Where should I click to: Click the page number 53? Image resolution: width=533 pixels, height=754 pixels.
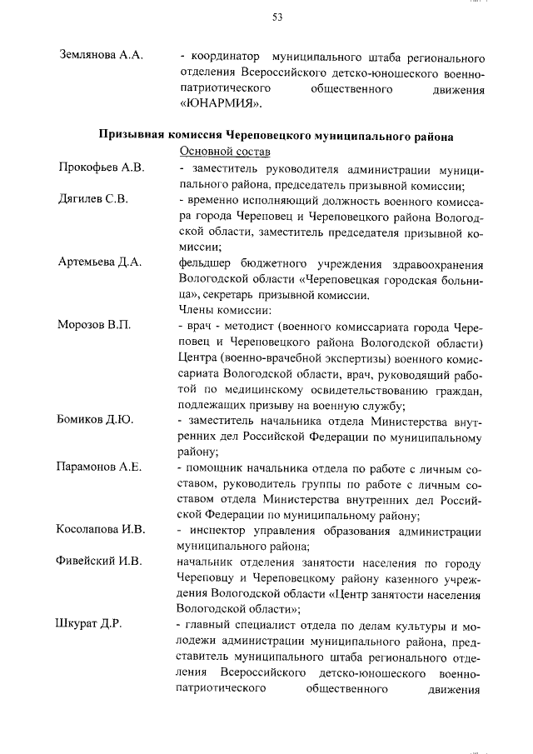point(278,18)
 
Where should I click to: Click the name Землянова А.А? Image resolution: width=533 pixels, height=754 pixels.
point(102,56)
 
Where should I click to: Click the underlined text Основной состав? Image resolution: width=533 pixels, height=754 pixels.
point(224,151)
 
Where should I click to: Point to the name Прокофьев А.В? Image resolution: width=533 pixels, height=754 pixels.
point(102,167)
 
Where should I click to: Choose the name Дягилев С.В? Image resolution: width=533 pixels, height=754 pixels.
point(92,199)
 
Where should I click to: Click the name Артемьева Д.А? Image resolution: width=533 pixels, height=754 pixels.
point(99,262)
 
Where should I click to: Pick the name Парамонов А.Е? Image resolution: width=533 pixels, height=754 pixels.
point(100,467)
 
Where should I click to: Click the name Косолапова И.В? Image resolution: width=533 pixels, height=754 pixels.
point(101,529)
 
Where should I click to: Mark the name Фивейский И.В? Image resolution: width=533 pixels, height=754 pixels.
point(100,562)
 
